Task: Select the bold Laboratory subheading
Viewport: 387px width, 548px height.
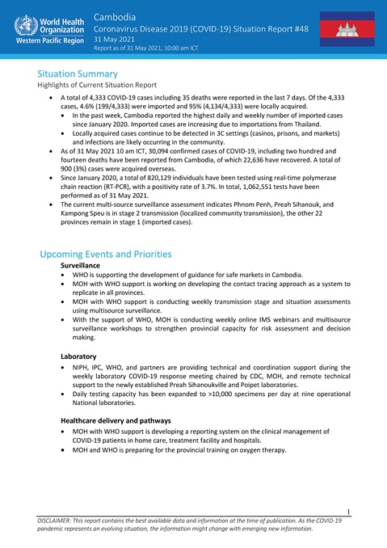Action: (x=79, y=355)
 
